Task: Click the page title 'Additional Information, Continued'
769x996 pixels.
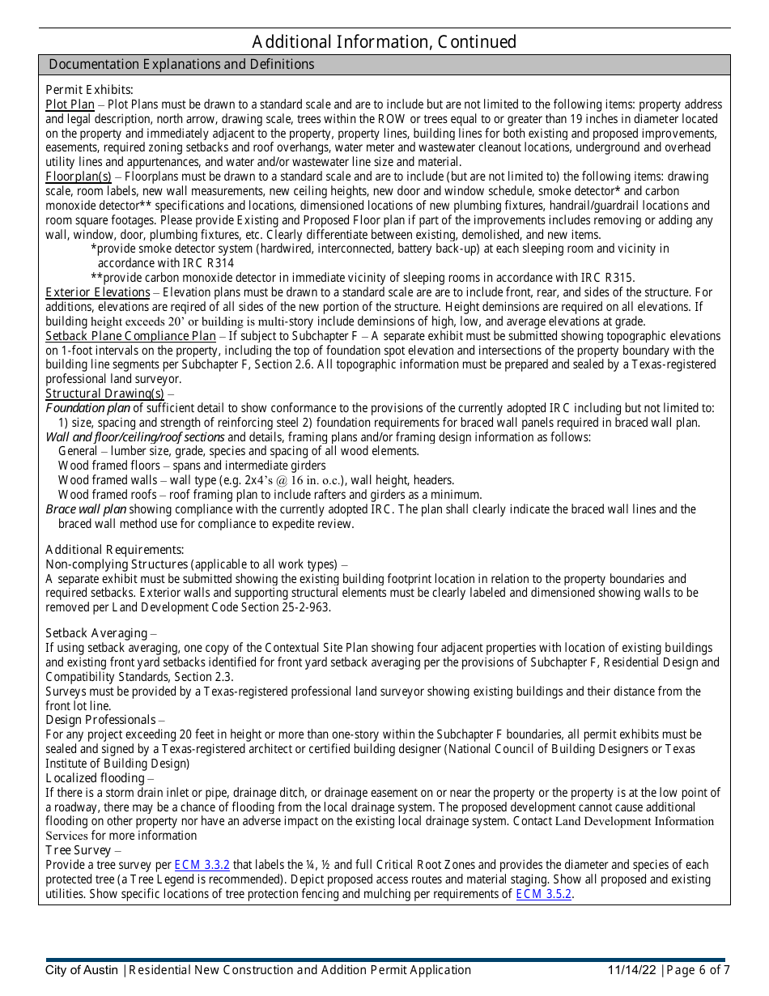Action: tap(384, 41)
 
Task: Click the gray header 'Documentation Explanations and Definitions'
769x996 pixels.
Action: tap(181, 65)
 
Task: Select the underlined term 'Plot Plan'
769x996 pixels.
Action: tap(70, 104)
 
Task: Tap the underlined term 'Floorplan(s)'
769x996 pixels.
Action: tap(78, 177)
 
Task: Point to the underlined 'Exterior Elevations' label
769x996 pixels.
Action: tap(97, 292)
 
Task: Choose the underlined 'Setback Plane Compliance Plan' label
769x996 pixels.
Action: tap(130, 336)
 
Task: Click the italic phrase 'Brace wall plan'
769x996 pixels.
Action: tap(86, 509)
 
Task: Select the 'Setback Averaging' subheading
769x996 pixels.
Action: tap(96, 633)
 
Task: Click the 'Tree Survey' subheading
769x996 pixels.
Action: tap(78, 850)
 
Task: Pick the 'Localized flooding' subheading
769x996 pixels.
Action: tap(95, 778)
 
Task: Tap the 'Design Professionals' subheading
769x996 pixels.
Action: tap(100, 720)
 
